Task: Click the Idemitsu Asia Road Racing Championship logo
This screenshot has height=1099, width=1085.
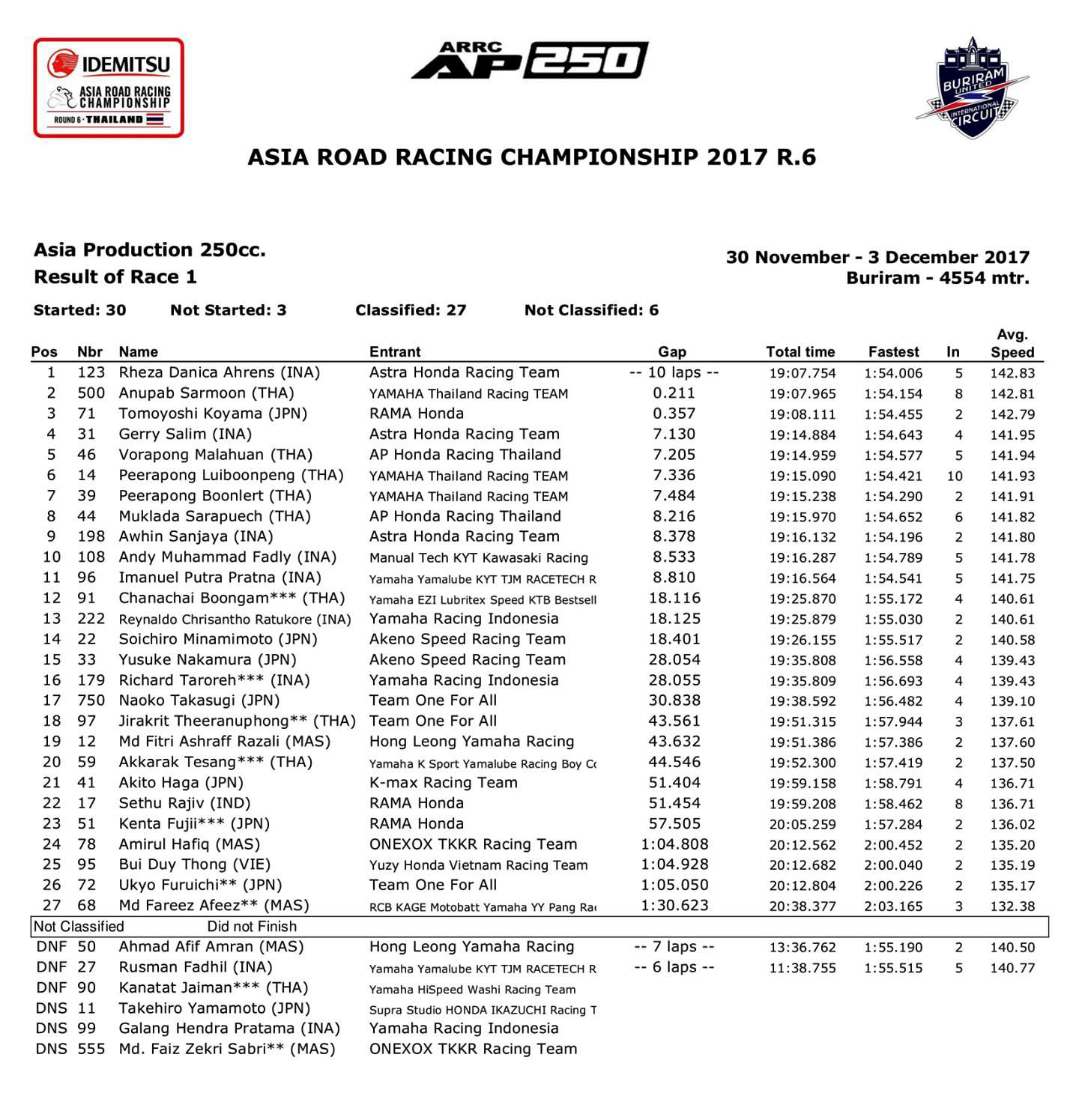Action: (x=109, y=88)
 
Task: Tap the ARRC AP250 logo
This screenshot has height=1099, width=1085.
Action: (x=530, y=61)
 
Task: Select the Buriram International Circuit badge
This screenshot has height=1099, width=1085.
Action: (x=972, y=88)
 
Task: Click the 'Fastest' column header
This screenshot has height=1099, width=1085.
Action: (x=893, y=352)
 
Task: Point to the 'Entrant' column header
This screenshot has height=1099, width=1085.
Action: (x=395, y=352)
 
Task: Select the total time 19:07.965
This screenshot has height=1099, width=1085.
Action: (x=802, y=394)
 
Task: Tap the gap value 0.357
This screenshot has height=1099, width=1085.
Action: (x=674, y=414)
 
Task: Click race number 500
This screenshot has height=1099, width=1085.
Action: (x=91, y=393)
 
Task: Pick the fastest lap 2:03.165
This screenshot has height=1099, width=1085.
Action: (x=893, y=906)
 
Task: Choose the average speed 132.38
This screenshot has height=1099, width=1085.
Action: (x=1012, y=906)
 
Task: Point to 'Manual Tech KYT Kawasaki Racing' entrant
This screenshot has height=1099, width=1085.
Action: (x=478, y=558)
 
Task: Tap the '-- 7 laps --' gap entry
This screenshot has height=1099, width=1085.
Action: (x=674, y=947)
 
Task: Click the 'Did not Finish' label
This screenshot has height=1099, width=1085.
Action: (x=252, y=927)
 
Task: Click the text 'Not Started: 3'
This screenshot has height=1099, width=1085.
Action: (x=228, y=310)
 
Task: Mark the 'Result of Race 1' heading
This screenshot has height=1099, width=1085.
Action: (x=115, y=277)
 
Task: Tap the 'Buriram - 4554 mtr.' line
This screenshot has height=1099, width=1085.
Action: (x=937, y=278)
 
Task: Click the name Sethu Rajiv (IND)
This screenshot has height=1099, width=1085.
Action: (x=184, y=803)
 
